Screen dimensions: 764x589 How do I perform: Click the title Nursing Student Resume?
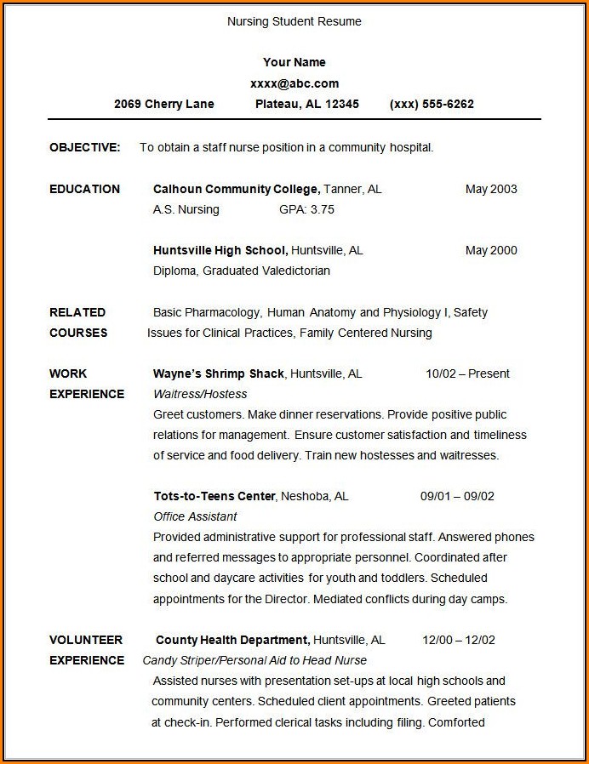click(x=294, y=21)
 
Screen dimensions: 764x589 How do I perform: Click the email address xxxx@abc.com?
click(x=294, y=83)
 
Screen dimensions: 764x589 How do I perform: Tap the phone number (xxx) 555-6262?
click(x=432, y=104)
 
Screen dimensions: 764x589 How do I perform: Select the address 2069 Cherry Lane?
click(x=164, y=104)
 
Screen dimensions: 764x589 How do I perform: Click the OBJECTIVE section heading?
click(x=84, y=147)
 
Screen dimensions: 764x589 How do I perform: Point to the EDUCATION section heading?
click(x=84, y=189)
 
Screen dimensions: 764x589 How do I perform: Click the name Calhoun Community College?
click(x=236, y=189)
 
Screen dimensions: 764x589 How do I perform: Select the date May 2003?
click(x=491, y=189)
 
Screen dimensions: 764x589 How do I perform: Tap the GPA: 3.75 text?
click(x=306, y=209)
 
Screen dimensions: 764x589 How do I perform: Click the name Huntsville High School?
click(x=220, y=250)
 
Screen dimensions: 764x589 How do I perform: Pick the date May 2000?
click(x=491, y=250)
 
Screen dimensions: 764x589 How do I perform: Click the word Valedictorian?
click(x=292, y=271)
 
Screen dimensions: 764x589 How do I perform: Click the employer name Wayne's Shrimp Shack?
click(x=219, y=373)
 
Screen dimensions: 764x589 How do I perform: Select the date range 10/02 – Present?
click(x=467, y=373)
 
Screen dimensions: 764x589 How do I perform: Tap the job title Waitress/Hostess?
click(x=200, y=394)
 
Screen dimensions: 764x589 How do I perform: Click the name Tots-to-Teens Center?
click(x=214, y=496)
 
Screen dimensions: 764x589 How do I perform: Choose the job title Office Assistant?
click(x=195, y=516)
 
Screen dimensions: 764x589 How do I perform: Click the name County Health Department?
click(x=232, y=640)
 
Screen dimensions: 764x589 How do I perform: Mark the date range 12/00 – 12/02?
click(x=459, y=640)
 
